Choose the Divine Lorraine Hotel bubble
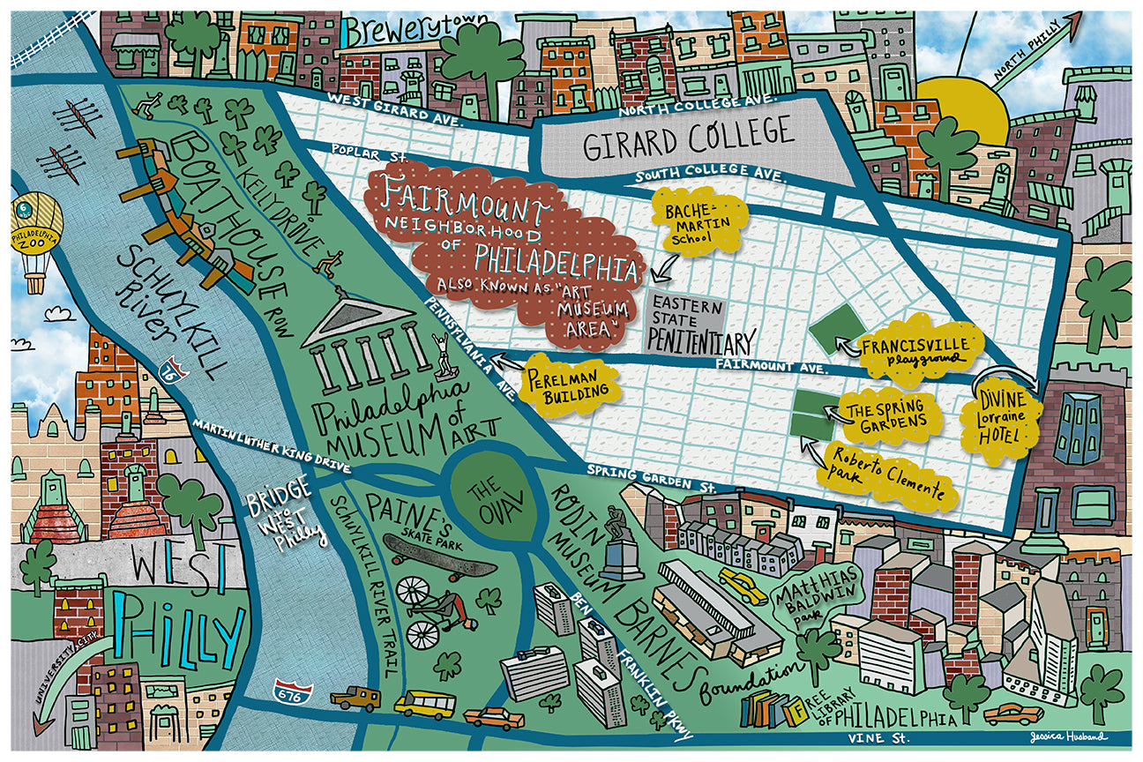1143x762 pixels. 999,419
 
